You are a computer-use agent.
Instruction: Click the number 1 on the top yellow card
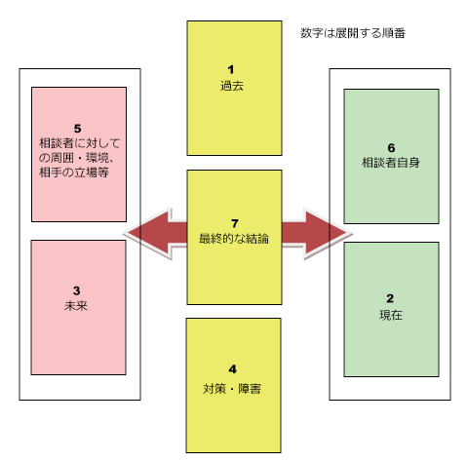tap(231, 69)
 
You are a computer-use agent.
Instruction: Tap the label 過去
tap(232, 86)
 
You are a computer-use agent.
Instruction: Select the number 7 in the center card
tap(235, 223)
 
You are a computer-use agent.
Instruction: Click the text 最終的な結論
tap(234, 239)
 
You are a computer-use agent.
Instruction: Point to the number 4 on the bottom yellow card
tap(233, 369)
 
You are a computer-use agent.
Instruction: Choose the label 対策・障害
tap(232, 389)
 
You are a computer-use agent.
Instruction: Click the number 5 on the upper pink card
tap(77, 129)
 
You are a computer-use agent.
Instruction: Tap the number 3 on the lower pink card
tap(77, 290)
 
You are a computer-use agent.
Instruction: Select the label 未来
tap(76, 306)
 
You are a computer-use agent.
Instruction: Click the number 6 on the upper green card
tap(391, 148)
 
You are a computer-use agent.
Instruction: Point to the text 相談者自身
tap(391, 163)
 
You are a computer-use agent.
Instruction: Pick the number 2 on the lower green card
tap(390, 298)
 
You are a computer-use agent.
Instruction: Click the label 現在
tap(391, 315)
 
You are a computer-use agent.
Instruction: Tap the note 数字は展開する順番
tap(353, 33)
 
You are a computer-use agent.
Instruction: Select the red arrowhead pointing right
tap(327, 233)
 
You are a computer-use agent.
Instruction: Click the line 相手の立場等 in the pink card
tap(74, 173)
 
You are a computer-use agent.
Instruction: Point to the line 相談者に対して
tap(80, 143)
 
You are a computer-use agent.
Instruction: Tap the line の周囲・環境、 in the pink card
tap(77, 158)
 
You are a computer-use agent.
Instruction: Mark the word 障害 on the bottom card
tap(250, 389)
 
